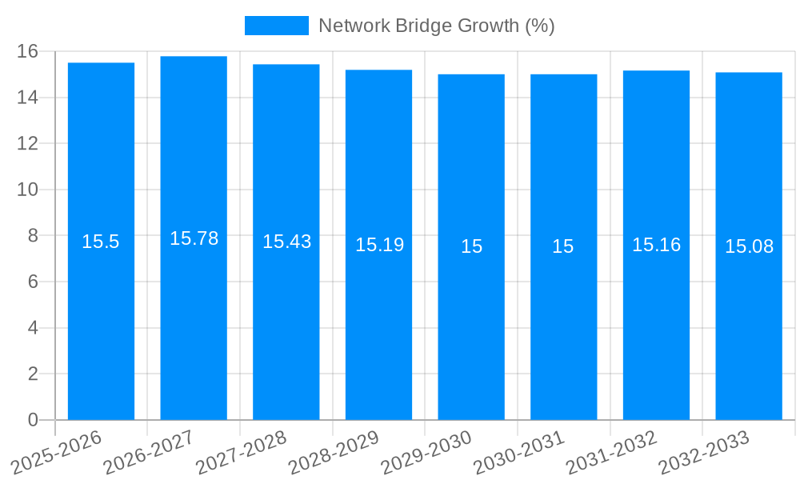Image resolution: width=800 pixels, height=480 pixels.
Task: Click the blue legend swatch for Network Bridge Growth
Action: [276, 26]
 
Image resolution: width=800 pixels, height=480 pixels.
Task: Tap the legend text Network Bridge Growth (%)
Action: [436, 26]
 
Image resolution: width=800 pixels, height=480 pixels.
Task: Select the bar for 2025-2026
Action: [101, 320]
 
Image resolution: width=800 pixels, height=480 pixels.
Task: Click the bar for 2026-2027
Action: [194, 320]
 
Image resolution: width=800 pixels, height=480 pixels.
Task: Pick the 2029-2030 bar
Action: [471, 320]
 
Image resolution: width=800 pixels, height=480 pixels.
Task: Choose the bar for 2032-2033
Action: [749, 320]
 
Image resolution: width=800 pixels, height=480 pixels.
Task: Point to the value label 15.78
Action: [194, 238]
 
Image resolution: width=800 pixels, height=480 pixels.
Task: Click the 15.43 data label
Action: [286, 242]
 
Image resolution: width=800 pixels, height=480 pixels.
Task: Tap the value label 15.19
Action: [379, 245]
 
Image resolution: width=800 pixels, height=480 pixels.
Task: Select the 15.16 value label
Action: [656, 245]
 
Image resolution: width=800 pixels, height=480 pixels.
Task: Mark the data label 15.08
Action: [749, 246]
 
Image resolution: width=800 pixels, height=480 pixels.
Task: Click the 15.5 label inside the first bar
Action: [101, 242]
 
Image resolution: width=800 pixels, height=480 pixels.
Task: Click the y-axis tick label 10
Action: [28, 190]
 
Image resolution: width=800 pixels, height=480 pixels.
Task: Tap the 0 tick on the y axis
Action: [33, 420]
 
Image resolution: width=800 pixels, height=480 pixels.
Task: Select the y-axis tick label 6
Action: [33, 282]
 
